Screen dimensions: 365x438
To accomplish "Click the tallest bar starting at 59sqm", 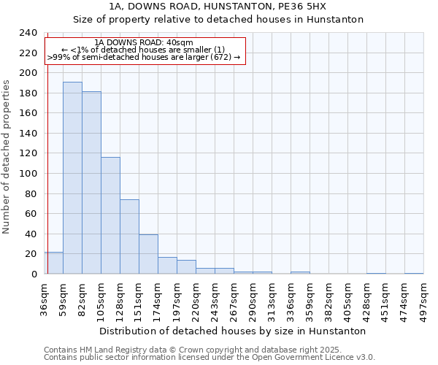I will click(72, 178).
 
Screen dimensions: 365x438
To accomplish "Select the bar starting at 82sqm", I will click(91, 182).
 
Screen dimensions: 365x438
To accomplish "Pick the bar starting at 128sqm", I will click(129, 237).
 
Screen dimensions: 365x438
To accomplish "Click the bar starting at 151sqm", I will click(148, 254).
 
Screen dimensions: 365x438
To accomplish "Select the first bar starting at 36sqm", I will click(53, 263).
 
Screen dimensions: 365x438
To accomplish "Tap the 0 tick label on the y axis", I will click(34, 274).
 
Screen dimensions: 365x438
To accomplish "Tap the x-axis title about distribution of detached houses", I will click(232, 331).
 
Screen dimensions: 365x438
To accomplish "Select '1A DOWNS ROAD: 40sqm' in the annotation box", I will click(144, 43).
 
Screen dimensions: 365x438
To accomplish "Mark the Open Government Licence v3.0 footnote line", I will click(210, 358).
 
